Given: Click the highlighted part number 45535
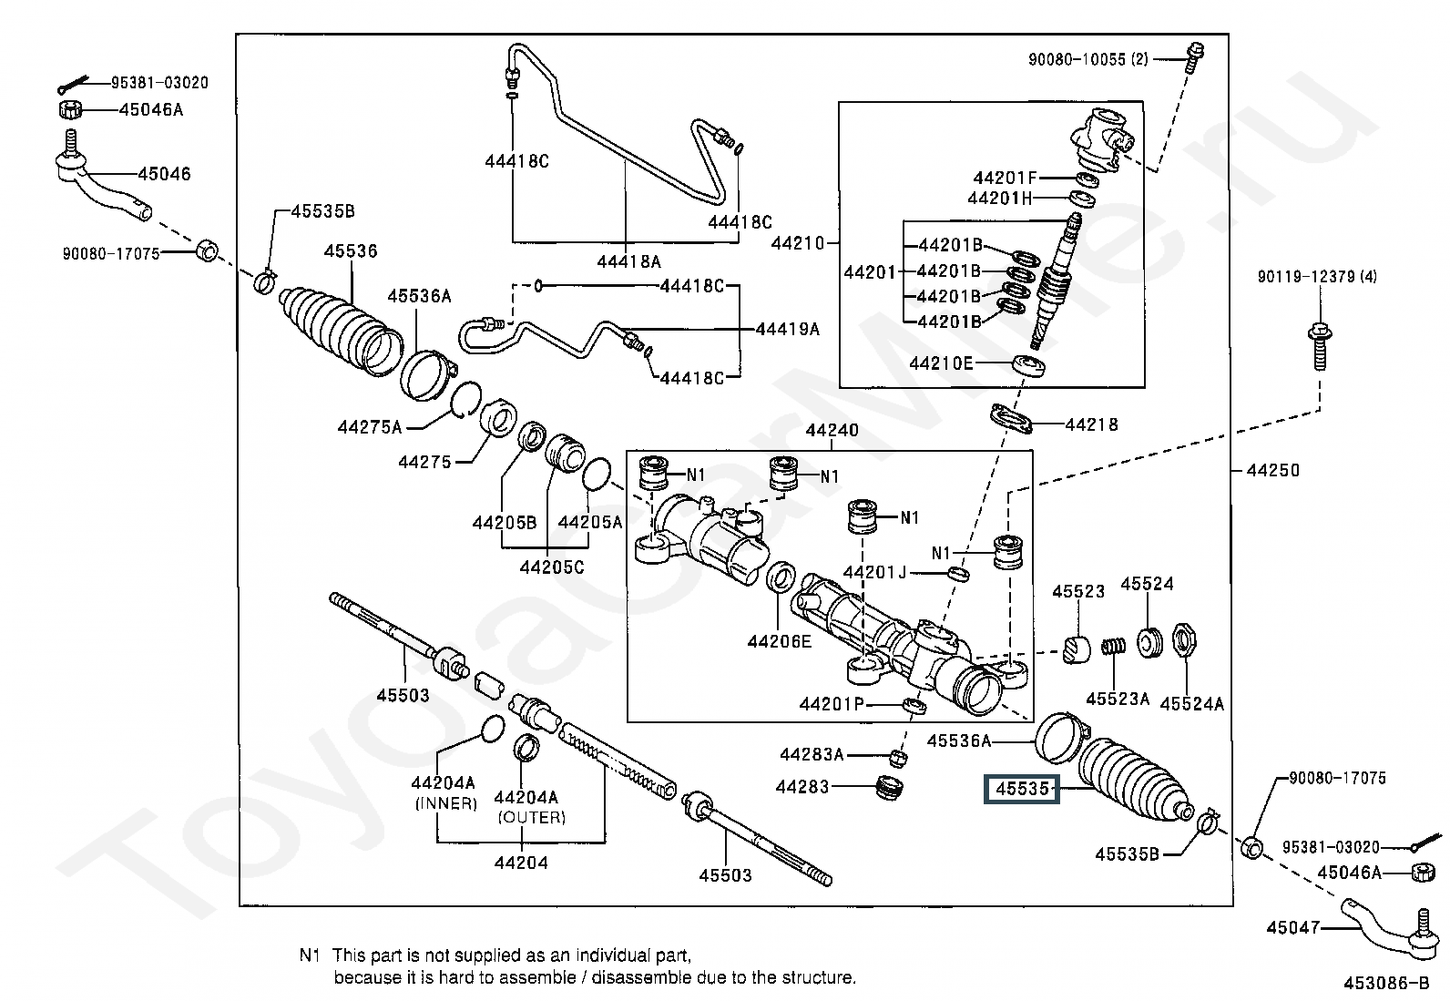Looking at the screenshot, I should click(1022, 789).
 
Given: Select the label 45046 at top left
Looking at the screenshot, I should click(164, 173).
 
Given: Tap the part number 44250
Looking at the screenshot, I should click(1272, 470).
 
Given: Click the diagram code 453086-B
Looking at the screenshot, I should click(1386, 983).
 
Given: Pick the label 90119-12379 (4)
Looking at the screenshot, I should click(1317, 276).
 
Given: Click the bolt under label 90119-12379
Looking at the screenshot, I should click(1319, 345).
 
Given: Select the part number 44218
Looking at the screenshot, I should click(1091, 424).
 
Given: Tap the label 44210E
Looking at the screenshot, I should click(941, 363).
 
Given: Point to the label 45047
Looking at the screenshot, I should click(1292, 927).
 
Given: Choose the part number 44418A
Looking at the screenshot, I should click(628, 261).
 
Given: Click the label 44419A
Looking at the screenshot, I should click(787, 329).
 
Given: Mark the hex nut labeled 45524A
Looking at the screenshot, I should click(1186, 640).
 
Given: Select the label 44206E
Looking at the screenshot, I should click(779, 640).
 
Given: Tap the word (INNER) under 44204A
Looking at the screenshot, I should click(445, 803).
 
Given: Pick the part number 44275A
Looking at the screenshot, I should click(369, 426).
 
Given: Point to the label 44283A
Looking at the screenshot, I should click(812, 754).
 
